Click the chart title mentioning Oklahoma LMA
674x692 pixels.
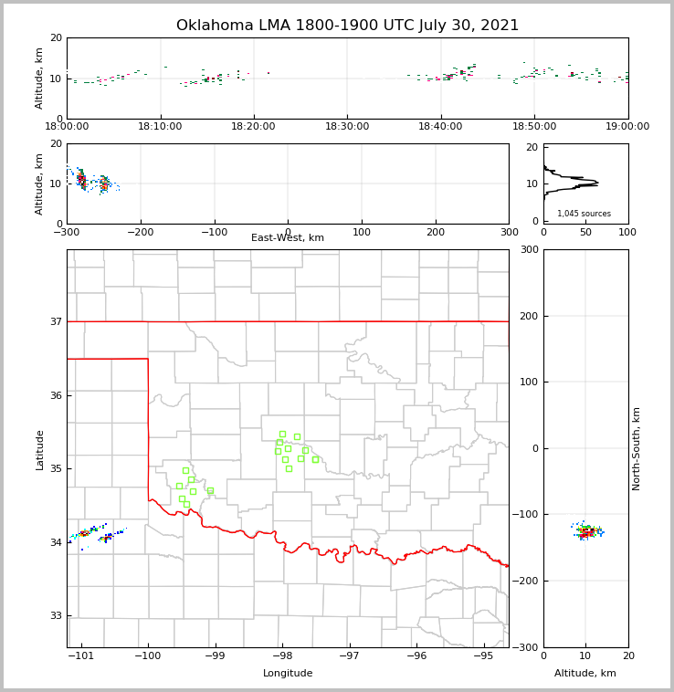(347, 26)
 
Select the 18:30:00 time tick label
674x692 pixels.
(347, 127)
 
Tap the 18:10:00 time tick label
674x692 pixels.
(161, 127)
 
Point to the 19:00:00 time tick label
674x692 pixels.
(627, 127)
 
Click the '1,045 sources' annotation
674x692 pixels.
(584, 214)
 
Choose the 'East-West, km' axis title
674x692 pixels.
(288, 238)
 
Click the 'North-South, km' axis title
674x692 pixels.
(637, 448)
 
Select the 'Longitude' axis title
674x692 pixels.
(288, 674)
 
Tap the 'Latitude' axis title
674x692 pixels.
(40, 449)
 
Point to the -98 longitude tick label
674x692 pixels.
(282, 656)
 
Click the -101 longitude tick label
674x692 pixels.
(81, 656)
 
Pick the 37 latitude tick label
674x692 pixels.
(55, 321)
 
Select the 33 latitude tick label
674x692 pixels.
(55, 615)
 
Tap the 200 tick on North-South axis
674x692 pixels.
(529, 316)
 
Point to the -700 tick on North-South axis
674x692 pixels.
(529, 647)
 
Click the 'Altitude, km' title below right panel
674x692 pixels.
(585, 674)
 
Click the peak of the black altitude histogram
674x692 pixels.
(597, 183)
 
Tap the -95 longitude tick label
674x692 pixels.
(484, 656)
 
